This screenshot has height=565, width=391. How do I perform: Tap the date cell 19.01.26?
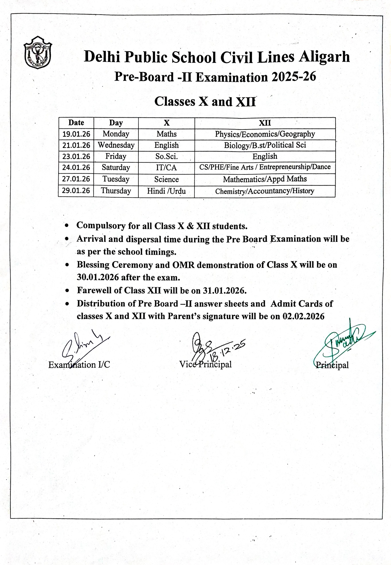tap(76, 134)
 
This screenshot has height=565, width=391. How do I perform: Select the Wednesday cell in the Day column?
tap(116, 145)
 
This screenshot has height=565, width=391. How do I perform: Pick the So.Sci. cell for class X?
tap(167, 156)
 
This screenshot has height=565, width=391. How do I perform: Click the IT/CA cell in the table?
tap(167, 168)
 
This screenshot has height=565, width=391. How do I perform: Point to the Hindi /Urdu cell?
tap(167, 191)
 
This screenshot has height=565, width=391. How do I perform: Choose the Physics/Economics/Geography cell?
tap(265, 134)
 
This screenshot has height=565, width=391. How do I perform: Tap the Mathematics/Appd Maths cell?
tap(265, 179)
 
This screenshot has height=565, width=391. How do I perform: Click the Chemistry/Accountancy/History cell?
tap(265, 191)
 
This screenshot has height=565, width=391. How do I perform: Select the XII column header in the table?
tap(265, 123)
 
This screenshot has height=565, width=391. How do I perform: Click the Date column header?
tap(76, 123)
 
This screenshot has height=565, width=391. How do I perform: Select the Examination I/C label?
tap(79, 364)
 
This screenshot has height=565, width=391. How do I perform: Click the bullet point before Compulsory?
tap(67, 226)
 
